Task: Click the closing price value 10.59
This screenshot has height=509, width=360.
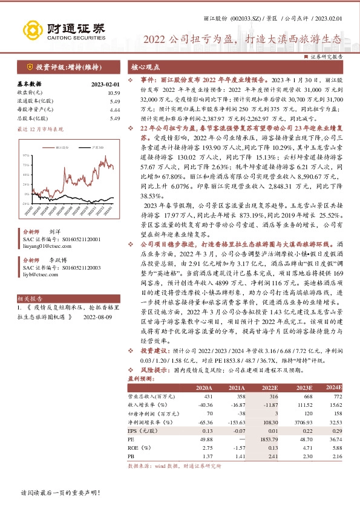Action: coord(113,92)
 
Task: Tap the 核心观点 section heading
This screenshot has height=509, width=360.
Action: coord(146,67)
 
